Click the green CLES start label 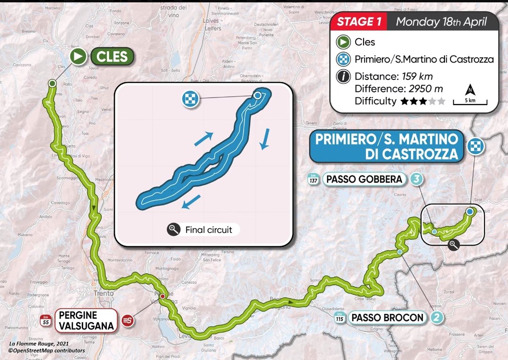(x=112, y=57)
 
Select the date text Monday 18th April (x=440, y=21)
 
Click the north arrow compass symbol (x=470, y=89)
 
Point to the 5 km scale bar (x=470, y=102)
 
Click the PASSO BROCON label (x=387, y=318)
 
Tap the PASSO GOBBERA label (x=365, y=179)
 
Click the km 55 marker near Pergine (x=46, y=320)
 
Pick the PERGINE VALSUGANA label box (x=85, y=320)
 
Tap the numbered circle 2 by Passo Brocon (x=437, y=318)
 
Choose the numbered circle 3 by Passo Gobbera (x=415, y=179)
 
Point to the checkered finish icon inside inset (x=191, y=99)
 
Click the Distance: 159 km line (x=393, y=76)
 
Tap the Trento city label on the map (x=103, y=293)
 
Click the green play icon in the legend (x=343, y=42)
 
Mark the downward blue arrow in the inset (x=265, y=140)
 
